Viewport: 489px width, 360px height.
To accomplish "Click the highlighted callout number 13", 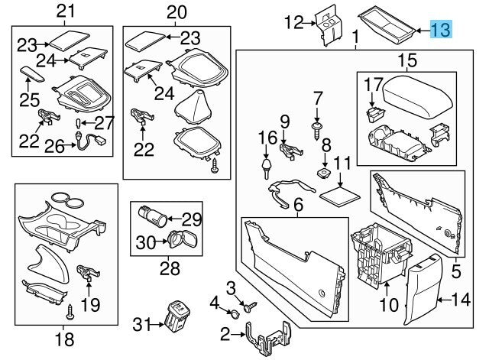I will click(441, 30).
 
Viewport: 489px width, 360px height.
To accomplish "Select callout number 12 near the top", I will click(295, 23).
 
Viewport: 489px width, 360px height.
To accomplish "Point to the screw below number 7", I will click(317, 128).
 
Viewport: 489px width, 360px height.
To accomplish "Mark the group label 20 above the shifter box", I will click(176, 11).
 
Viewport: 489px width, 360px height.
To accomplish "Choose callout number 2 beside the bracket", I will click(225, 334).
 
